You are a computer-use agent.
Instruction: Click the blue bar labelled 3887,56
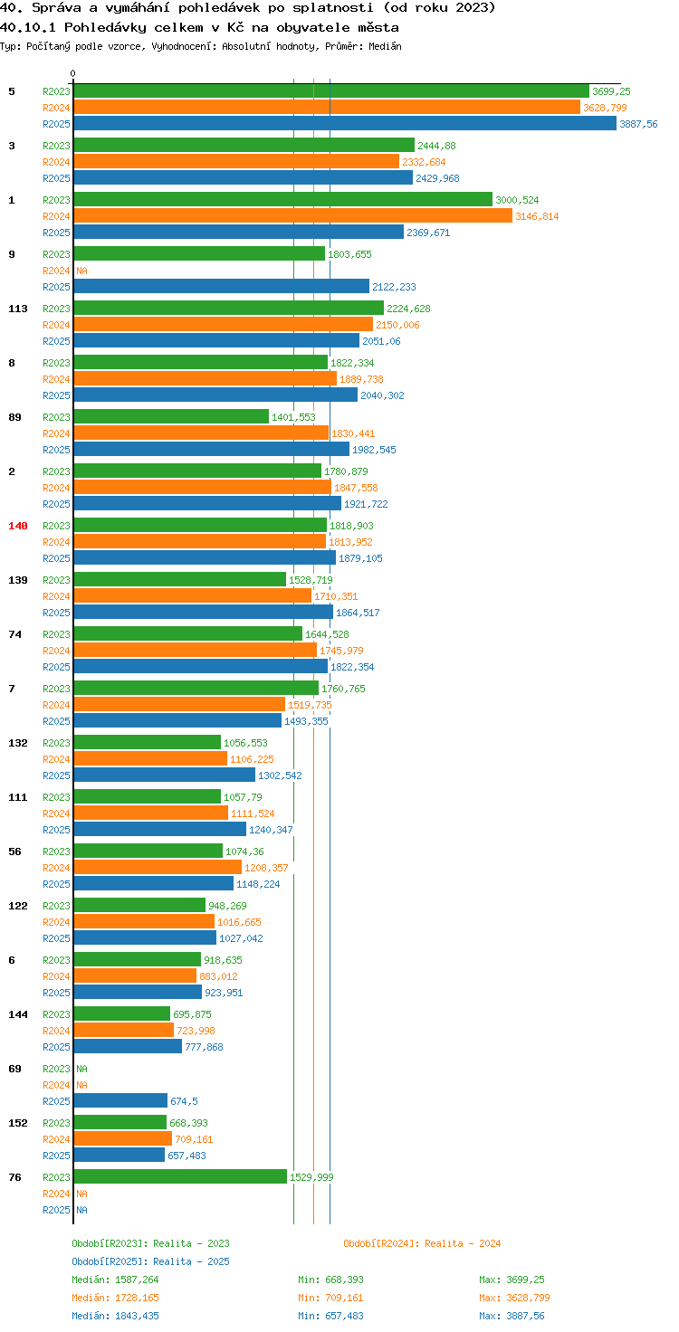(x=345, y=124)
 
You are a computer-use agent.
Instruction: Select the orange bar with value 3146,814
(x=292, y=216)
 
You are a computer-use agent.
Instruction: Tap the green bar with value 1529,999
(x=180, y=1176)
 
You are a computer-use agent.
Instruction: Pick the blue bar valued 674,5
(x=120, y=1100)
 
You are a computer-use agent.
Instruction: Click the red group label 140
(x=18, y=526)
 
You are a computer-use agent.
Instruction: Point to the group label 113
(x=18, y=309)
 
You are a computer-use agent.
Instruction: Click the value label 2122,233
(x=394, y=287)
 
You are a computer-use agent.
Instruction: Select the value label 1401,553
(x=293, y=417)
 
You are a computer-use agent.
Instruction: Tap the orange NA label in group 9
(x=82, y=271)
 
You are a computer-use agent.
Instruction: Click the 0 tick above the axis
(x=72, y=73)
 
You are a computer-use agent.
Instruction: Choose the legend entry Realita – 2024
(x=422, y=1243)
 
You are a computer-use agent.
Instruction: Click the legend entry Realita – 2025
(x=150, y=1261)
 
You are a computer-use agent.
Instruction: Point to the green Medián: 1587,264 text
(x=116, y=1280)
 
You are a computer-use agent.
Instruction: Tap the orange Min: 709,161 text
(x=330, y=1298)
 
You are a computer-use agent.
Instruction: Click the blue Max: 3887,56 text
(x=512, y=1316)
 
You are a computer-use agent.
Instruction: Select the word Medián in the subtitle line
(x=385, y=46)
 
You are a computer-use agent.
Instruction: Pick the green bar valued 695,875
(x=122, y=1013)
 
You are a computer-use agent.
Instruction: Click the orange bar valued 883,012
(x=135, y=975)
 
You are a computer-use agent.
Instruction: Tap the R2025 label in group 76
(x=56, y=1210)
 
